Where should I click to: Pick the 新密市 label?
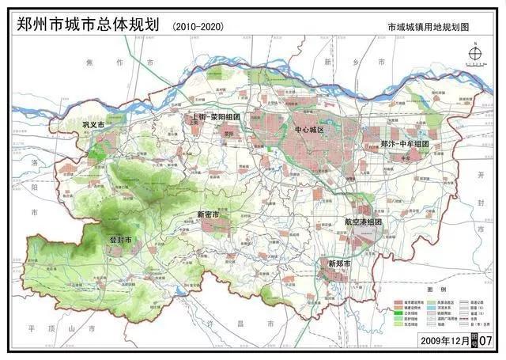click(210, 214)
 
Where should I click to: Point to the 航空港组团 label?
click(363, 222)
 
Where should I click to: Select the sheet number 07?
click(485, 339)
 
